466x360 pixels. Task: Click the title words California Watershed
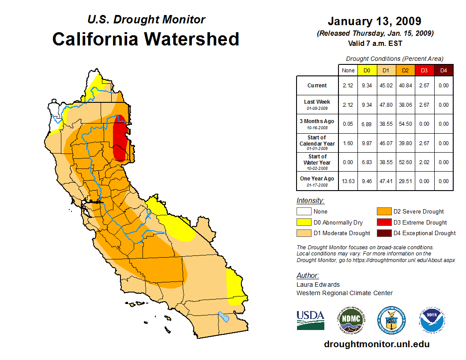(x=146, y=39)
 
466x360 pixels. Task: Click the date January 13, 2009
(x=374, y=21)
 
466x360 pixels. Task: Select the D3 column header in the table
(x=424, y=70)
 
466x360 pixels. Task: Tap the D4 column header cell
(x=443, y=70)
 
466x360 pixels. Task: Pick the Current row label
(x=317, y=86)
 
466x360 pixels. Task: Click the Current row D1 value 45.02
(x=386, y=86)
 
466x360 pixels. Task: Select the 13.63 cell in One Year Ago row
(x=348, y=181)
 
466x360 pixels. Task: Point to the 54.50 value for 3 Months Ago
(x=405, y=124)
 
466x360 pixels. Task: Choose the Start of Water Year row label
(x=317, y=161)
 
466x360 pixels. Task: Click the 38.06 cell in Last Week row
(x=405, y=105)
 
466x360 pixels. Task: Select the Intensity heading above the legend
(x=310, y=201)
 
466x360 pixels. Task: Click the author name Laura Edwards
(x=318, y=285)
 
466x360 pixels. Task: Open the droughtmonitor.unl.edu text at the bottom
(x=376, y=344)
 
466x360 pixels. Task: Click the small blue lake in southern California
(x=224, y=316)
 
